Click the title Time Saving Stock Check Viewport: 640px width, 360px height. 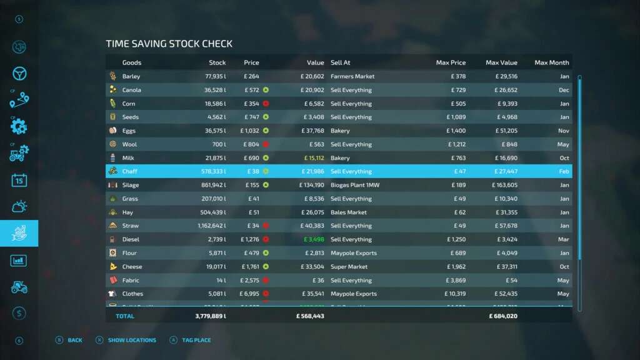tap(169, 44)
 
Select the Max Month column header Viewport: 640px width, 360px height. tap(551, 62)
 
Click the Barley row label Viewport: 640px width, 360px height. tap(131, 76)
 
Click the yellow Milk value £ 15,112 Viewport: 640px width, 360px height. tap(311, 158)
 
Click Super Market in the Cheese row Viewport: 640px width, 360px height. tap(349, 267)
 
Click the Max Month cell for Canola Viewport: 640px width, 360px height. tap(564, 90)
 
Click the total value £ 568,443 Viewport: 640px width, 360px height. tap(310, 316)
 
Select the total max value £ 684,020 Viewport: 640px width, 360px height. tap(503, 316)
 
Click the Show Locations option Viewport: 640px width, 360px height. tap(132, 340)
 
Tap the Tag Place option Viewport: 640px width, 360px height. tap(196, 340)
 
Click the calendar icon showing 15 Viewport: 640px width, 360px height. tap(19, 180)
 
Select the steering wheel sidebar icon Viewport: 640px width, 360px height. tap(19, 73)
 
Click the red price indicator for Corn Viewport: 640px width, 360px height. tap(266, 104)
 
